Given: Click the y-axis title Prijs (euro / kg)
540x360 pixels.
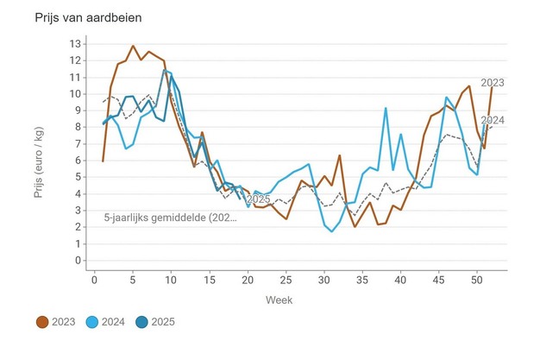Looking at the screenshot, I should [39, 152].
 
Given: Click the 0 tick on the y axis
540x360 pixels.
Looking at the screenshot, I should [78, 260].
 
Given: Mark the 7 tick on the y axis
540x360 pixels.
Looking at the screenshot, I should [78, 143].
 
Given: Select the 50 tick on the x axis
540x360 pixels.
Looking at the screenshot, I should [477, 279].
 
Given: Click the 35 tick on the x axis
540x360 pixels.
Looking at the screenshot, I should [362, 279].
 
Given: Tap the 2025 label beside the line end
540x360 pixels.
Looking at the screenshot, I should [259, 200].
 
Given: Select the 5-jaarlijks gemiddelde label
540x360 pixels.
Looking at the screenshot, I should [169, 218].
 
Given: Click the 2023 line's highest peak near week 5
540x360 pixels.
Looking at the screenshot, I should [133, 46].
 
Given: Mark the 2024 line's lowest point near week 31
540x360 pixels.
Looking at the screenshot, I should [332, 231].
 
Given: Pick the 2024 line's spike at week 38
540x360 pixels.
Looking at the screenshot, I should [386, 108].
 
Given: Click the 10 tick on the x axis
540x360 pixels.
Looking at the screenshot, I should [171, 279].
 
